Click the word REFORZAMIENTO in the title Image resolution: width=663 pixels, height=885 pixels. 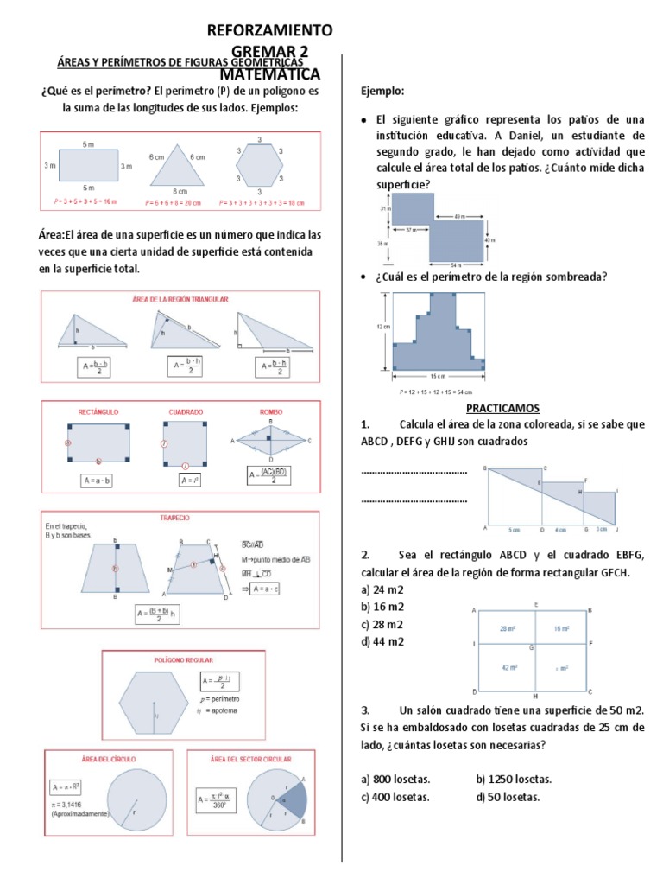tap(269, 30)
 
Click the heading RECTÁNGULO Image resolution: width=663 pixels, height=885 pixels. tap(98, 412)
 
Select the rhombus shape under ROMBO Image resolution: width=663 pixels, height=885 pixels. tap(272, 440)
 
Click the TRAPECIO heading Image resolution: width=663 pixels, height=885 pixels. tap(174, 518)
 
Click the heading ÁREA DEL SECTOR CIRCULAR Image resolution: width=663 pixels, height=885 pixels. tap(250, 759)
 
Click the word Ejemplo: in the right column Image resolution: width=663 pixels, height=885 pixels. tap(382, 92)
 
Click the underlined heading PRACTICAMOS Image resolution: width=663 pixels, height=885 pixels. tap(502, 407)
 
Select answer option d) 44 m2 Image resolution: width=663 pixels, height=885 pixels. tap(383, 641)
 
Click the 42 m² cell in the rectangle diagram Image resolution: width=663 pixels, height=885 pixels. tap(504, 667)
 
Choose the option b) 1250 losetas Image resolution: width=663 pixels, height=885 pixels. tap(514, 779)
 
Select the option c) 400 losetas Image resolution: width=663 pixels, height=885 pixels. tap(395, 797)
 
